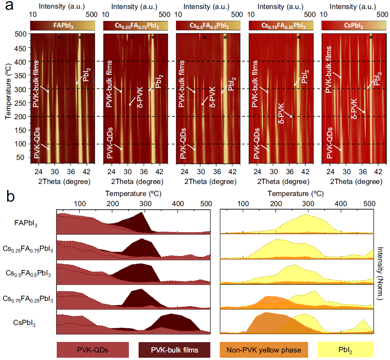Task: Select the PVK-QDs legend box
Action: [x=93, y=349]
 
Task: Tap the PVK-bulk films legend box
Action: [x=175, y=349]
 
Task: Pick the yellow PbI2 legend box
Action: [x=345, y=349]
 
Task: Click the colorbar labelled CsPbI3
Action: [x=354, y=26]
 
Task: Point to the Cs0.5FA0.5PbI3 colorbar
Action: [x=208, y=26]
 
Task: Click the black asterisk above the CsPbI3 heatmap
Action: [x=371, y=38]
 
